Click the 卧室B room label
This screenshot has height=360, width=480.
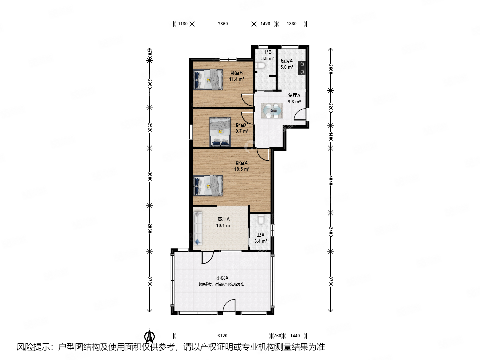(x=237, y=73)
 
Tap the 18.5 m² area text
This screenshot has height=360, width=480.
(x=242, y=169)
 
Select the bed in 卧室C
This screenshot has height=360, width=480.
(x=220, y=132)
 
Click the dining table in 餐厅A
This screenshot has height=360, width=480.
(x=272, y=111)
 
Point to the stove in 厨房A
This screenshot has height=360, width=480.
(x=302, y=68)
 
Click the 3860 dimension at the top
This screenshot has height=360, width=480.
(x=223, y=24)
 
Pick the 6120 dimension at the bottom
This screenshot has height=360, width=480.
(x=222, y=336)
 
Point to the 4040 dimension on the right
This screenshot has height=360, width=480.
(x=331, y=180)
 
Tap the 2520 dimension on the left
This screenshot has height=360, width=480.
(x=150, y=127)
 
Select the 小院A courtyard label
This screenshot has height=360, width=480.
(x=222, y=278)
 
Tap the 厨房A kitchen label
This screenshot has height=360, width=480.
(x=287, y=61)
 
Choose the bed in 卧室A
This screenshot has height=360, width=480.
(x=208, y=186)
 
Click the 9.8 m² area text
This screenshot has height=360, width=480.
(x=294, y=102)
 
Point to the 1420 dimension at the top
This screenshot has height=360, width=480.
(x=265, y=24)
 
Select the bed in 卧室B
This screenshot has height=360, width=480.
(x=208, y=80)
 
